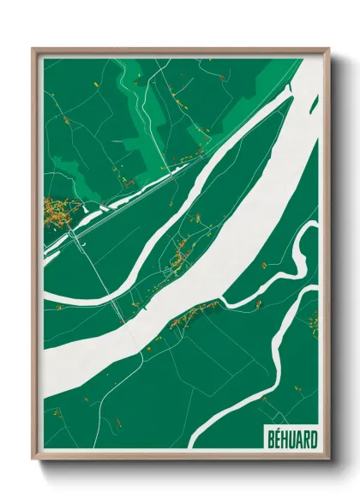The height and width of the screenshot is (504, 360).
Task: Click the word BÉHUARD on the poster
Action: click(x=287, y=438)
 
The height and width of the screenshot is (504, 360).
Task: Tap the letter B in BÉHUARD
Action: click(x=262, y=438)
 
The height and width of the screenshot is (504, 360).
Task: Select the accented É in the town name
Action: click(x=271, y=437)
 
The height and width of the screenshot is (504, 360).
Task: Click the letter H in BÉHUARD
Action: click(x=279, y=438)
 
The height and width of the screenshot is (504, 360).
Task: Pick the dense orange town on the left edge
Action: click(x=57, y=210)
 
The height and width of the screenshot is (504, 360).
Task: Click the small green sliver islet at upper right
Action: click(x=314, y=105)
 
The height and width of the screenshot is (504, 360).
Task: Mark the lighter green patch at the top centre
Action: click(x=137, y=86)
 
